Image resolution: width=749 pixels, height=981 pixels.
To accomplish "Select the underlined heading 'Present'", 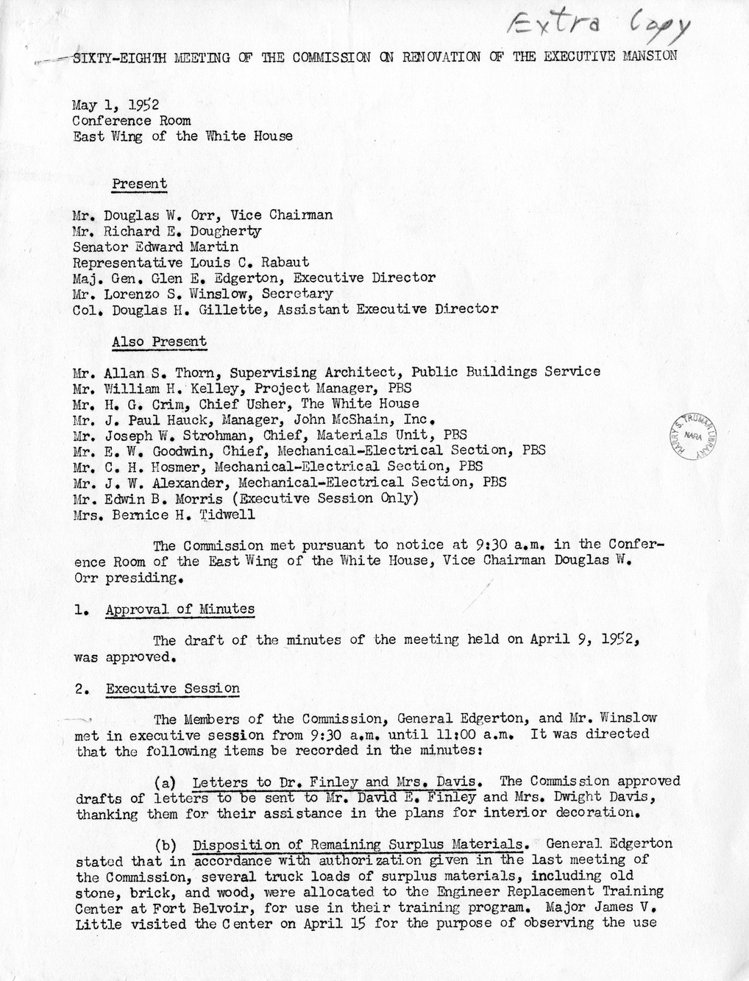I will click(139, 184).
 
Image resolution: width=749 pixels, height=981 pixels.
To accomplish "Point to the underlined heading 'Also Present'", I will click(159, 341).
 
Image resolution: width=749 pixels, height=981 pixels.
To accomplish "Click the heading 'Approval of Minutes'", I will click(180, 609).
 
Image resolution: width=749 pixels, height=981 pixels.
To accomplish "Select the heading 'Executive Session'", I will click(172, 689).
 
